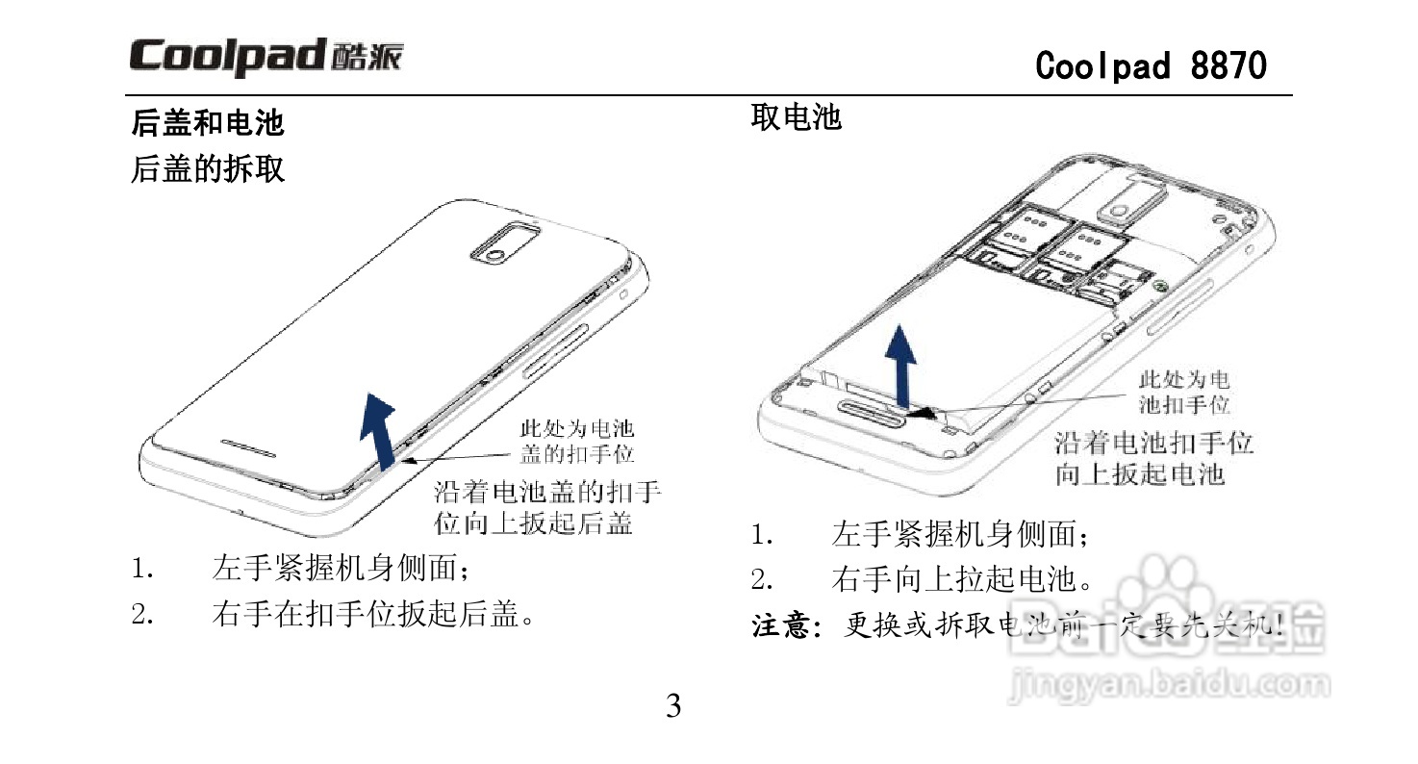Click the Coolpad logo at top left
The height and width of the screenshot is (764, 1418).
266,58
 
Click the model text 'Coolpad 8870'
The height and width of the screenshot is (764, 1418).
1151,65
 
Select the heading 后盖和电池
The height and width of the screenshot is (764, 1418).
208,123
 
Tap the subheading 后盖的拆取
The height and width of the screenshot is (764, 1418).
208,170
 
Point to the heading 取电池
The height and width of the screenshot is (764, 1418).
796,117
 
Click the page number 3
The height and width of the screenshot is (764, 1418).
673,706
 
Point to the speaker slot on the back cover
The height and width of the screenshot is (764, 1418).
248,449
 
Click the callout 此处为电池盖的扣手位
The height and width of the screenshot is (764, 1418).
577,441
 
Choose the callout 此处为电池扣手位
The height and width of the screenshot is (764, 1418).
1184,393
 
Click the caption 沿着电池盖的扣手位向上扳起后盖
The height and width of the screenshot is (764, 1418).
547,508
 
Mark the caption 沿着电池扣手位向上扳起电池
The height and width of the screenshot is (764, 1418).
1154,459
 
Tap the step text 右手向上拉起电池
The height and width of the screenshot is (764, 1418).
962,579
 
